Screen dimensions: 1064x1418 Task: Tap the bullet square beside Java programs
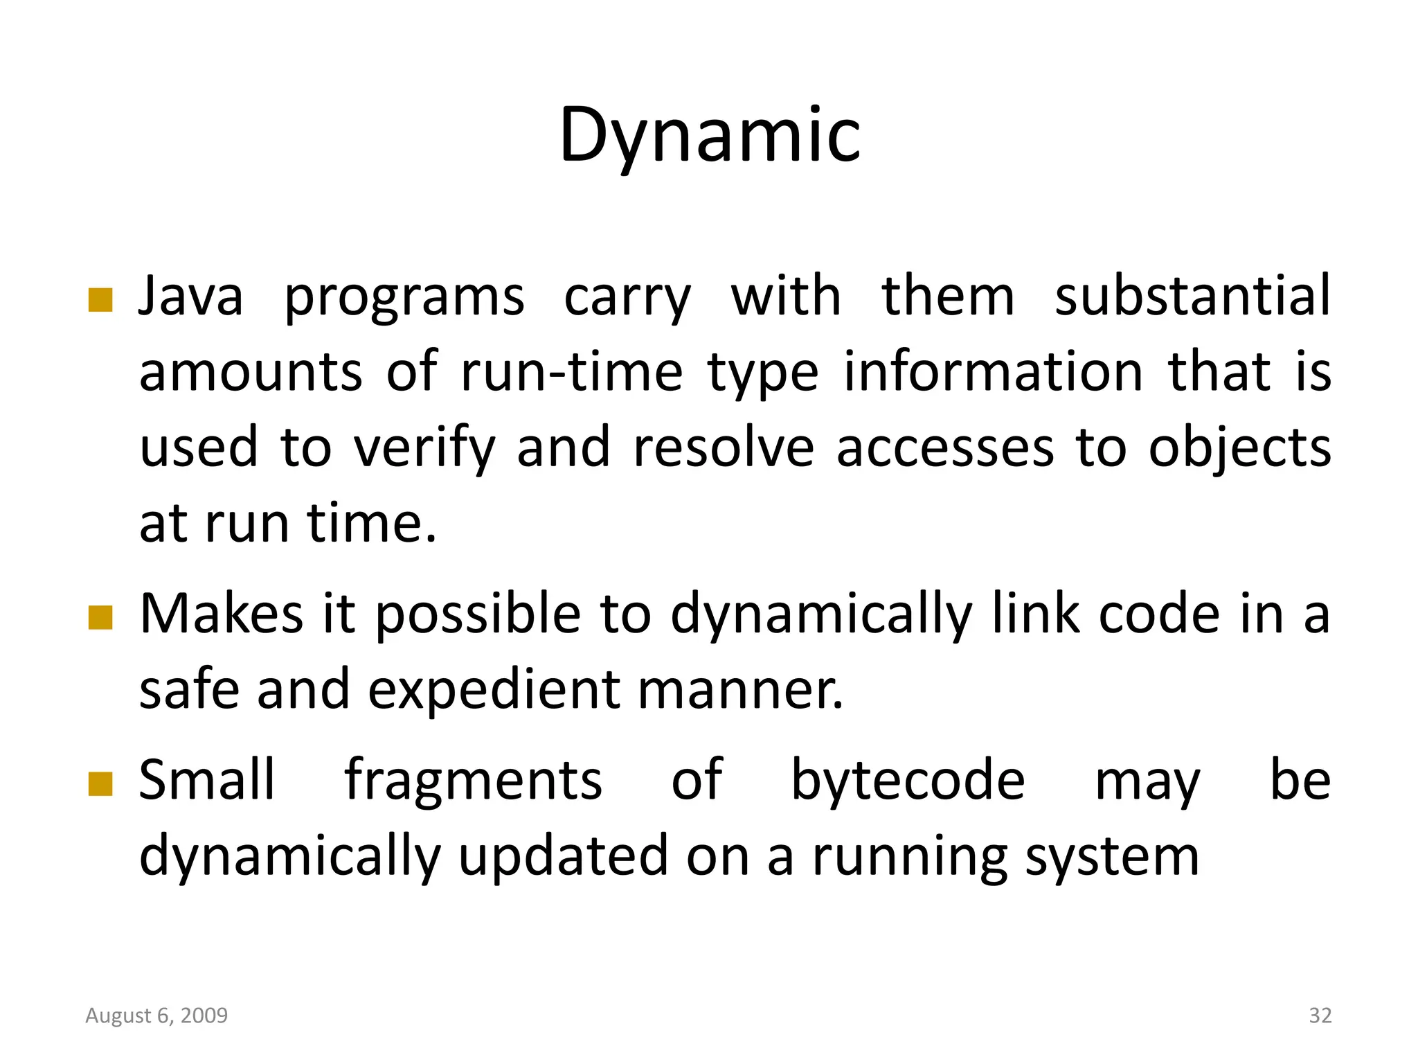(100, 300)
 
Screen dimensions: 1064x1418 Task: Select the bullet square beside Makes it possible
(100, 617)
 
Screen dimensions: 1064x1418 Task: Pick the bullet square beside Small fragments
(100, 784)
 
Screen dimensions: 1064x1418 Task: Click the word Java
(190, 296)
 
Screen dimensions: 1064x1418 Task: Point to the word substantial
(1192, 296)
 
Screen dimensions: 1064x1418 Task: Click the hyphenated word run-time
(571, 372)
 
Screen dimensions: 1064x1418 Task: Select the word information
(993, 372)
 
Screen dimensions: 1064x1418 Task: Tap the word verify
(424, 448)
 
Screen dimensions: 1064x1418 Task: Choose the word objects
(1239, 448)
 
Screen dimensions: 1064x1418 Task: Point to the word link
(1036, 614)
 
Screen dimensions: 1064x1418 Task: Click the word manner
(740, 690)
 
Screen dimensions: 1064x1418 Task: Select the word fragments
(474, 781)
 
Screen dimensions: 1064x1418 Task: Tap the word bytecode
(908, 781)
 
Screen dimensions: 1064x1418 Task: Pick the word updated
(563, 857)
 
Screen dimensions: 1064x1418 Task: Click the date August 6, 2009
(156, 1016)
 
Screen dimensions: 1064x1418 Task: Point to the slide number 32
(1320, 1016)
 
